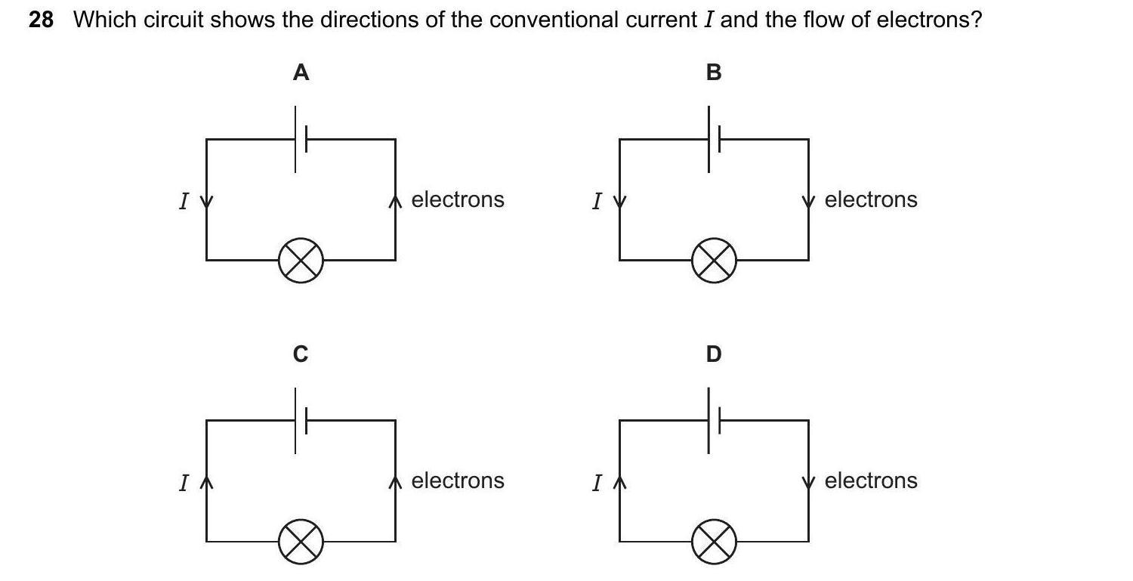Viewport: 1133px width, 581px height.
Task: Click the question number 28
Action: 41,20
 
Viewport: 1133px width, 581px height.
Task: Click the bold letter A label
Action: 301,73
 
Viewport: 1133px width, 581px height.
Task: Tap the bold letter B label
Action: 714,73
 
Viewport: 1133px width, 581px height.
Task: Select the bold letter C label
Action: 301,354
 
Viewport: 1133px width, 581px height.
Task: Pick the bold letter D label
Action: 714,354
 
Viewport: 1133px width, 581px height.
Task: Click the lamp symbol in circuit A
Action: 301,261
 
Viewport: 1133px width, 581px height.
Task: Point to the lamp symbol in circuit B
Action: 714,261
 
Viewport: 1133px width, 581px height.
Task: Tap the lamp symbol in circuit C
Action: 301,542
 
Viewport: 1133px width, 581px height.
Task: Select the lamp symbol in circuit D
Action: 714,542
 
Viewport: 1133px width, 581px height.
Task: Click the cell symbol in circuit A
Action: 301,139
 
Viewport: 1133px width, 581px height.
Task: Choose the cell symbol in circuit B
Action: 714,139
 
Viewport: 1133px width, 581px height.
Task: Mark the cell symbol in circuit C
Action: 301,420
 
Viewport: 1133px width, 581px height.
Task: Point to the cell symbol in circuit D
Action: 714,420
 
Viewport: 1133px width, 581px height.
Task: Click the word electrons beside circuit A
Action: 457,199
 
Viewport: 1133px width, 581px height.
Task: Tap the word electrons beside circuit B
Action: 870,199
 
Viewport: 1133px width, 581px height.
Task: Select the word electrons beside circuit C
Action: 457,481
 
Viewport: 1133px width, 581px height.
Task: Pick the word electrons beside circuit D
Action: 870,481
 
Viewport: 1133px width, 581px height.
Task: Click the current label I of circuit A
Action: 183,201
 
